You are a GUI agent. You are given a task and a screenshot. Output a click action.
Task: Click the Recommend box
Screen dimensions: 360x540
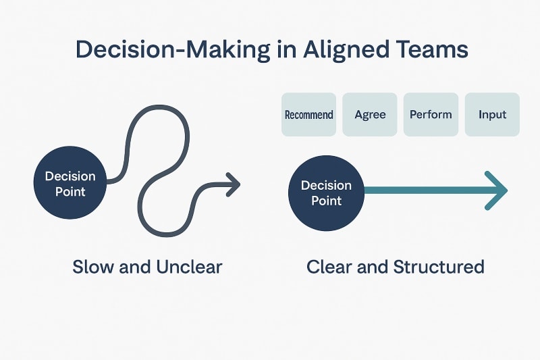click(x=308, y=115)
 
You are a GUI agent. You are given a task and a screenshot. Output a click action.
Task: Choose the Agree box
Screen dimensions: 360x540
click(x=370, y=115)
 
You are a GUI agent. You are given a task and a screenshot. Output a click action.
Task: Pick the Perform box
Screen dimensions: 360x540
click(x=431, y=115)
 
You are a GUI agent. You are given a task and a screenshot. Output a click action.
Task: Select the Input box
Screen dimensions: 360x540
click(x=492, y=115)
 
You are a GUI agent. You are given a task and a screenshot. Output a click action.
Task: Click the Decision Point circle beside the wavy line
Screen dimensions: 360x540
click(x=70, y=184)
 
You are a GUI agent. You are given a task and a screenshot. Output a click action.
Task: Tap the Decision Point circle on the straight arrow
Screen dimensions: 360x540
click(x=326, y=192)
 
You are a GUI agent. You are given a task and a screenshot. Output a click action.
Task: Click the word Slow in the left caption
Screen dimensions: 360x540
click(x=94, y=267)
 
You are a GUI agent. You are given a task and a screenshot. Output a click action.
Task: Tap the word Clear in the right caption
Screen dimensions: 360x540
click(x=330, y=267)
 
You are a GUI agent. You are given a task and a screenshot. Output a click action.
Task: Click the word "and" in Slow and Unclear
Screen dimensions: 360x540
click(x=135, y=267)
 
